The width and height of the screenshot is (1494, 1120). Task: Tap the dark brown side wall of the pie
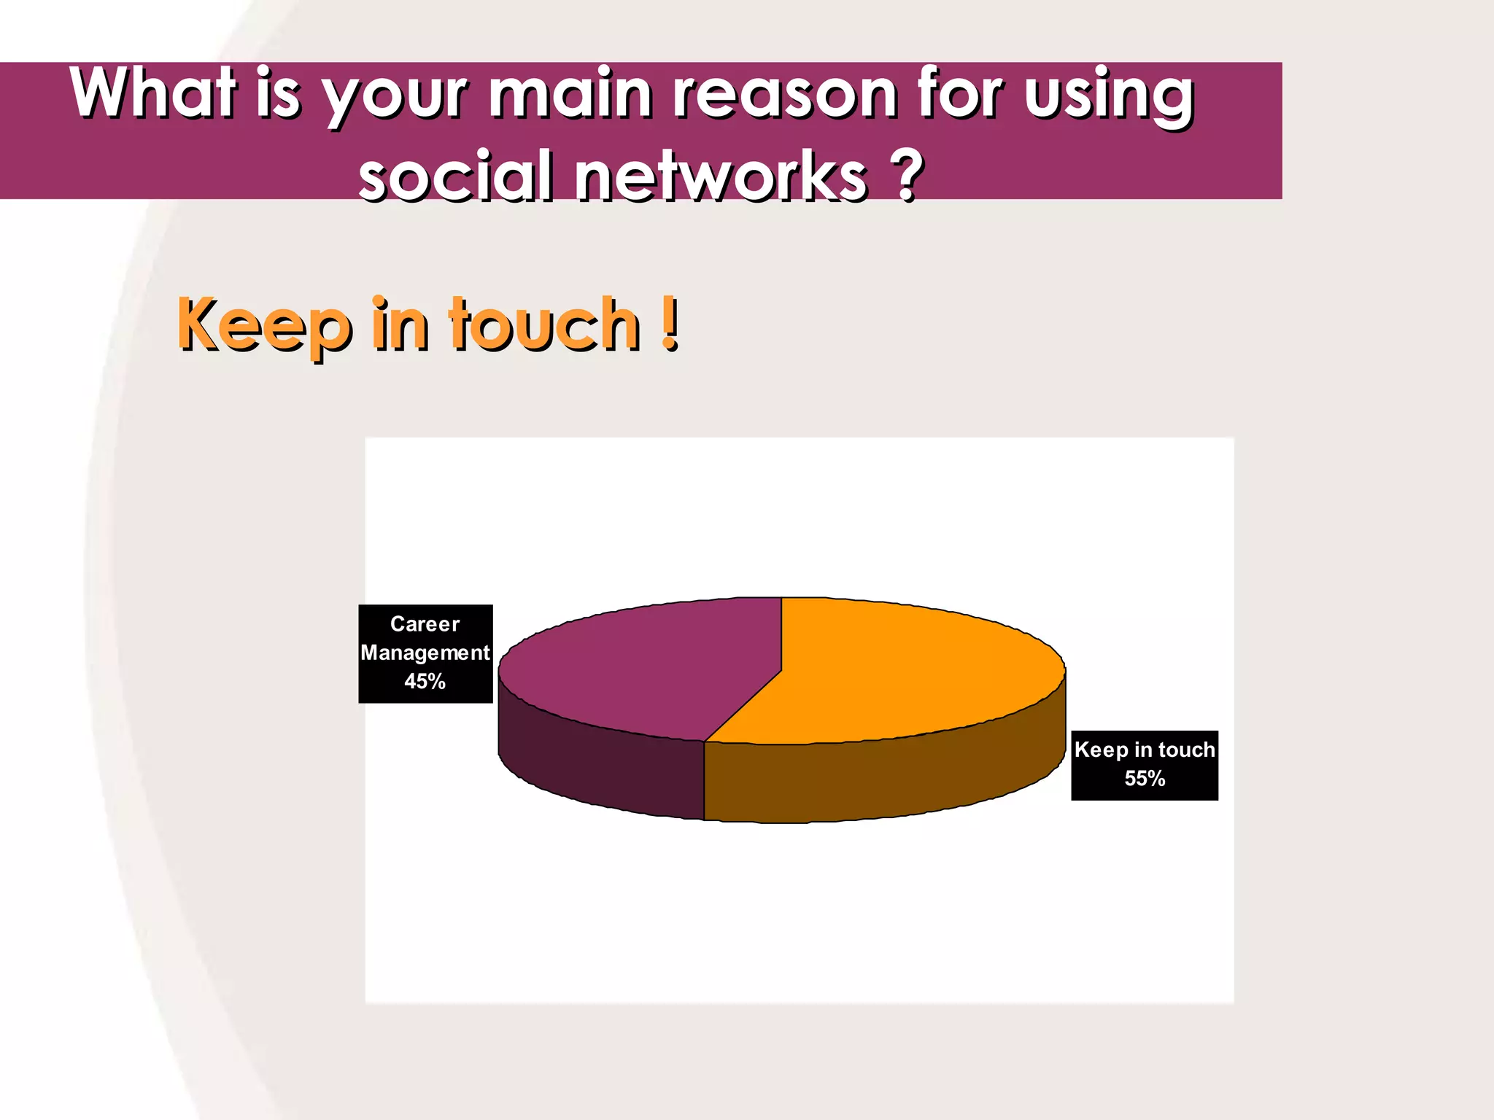[x=875, y=780]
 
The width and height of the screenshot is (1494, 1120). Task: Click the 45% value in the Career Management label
[x=425, y=682]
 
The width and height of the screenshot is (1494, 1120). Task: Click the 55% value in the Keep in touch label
[x=1145, y=779]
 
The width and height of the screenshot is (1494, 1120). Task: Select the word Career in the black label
[x=425, y=624]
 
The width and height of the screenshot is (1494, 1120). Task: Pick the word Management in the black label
[x=425, y=653]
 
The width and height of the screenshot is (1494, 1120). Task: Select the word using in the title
[x=1109, y=95]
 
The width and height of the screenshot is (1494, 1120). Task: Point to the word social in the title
[x=456, y=177]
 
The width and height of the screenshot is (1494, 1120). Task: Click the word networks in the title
[x=722, y=177]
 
